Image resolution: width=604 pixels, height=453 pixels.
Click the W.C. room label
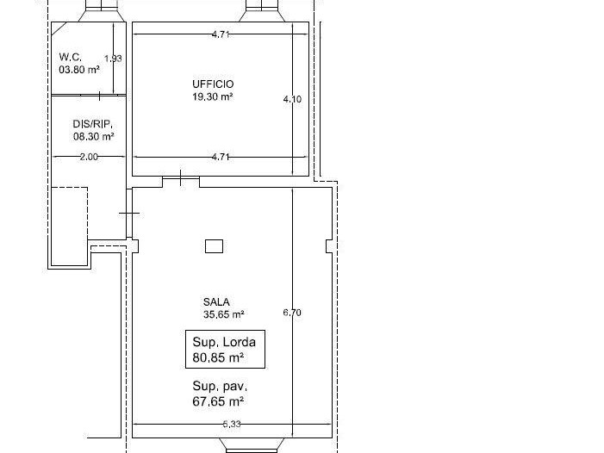tap(70, 58)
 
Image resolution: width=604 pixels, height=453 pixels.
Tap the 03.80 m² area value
tap(79, 70)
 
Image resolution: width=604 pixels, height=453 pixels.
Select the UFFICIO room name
tap(213, 84)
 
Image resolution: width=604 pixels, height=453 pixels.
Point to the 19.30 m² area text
tap(213, 96)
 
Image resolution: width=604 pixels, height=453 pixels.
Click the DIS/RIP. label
tap(93, 124)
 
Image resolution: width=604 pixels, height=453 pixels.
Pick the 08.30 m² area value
tap(94, 137)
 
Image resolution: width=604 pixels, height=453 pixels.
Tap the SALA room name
tap(216, 302)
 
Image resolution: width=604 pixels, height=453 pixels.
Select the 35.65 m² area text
tap(224, 314)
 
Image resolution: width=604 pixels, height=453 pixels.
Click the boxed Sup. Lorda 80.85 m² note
tap(226, 349)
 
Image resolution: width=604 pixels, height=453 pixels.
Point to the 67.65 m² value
tap(218, 401)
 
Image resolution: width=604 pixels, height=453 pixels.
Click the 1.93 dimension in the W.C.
tap(113, 59)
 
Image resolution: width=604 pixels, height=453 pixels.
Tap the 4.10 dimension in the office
tap(292, 99)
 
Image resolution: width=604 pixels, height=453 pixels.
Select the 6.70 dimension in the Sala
tap(292, 313)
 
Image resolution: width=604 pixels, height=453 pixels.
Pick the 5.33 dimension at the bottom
tap(232, 424)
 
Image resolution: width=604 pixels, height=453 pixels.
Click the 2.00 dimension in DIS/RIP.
tap(89, 157)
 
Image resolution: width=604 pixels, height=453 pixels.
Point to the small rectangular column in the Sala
tap(215, 246)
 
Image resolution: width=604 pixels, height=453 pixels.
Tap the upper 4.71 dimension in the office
tap(221, 34)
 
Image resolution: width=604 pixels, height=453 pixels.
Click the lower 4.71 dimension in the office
tap(221, 157)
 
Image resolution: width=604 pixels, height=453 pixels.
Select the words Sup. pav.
tap(220, 386)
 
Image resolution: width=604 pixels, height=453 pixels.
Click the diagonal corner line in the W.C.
tap(59, 29)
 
